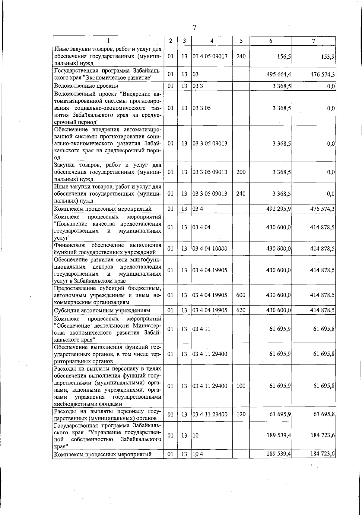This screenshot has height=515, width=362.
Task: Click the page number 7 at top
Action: click(195, 28)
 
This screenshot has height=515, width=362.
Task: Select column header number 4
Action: click(212, 41)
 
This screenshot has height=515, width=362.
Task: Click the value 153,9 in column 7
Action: click(328, 57)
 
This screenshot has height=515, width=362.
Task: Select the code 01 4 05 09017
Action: click(210, 57)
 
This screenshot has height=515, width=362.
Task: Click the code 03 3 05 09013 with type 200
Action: click(210, 172)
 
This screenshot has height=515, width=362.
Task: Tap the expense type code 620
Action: click(241, 310)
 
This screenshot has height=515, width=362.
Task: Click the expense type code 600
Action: click(241, 295)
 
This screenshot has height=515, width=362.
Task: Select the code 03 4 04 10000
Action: click(210, 249)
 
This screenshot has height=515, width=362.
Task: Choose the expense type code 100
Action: click(241, 386)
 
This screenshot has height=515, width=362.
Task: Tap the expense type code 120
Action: click(241, 414)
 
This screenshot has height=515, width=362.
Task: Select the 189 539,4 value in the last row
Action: click(279, 454)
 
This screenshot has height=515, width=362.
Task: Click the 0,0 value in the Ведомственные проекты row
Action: click(331, 86)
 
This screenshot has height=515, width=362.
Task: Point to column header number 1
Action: click(108, 41)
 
